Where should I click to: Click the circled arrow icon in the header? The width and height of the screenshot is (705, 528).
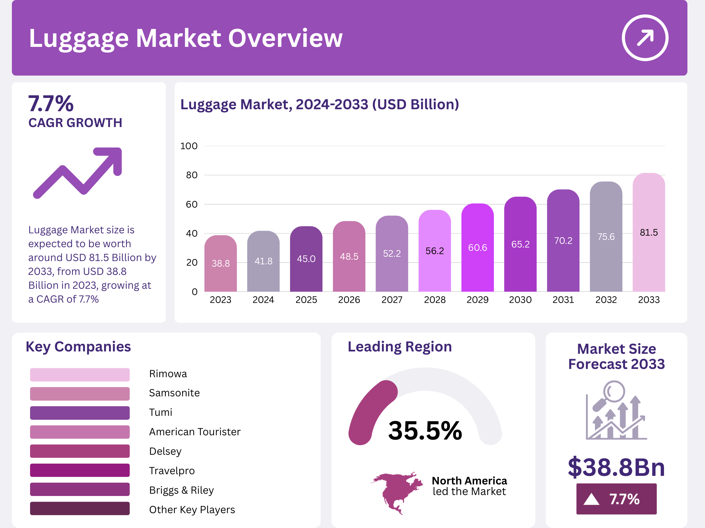[645, 38]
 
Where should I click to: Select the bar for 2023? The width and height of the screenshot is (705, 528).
[221, 263]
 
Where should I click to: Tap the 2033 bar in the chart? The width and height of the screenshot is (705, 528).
[649, 232]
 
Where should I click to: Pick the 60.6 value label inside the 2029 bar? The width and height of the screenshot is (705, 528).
[478, 247]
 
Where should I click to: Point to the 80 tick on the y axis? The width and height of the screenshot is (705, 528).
[192, 175]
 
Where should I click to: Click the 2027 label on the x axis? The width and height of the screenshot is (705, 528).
[392, 300]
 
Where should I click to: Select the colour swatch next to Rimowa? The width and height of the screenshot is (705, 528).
[80, 375]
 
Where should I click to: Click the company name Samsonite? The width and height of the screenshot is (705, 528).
[174, 393]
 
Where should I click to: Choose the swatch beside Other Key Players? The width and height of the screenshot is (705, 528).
[80, 509]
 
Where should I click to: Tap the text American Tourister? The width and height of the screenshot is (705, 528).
[195, 432]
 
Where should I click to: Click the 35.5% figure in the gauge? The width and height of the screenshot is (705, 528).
[425, 430]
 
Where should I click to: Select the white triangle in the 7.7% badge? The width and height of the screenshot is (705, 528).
[591, 499]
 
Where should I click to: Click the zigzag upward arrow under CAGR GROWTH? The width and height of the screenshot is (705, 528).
[78, 173]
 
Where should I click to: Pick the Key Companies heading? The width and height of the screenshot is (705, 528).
[78, 347]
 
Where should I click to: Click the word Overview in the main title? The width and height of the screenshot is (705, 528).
[285, 38]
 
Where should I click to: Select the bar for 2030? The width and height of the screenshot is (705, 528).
[520, 244]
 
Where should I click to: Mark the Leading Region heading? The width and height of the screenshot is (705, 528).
[400, 347]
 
